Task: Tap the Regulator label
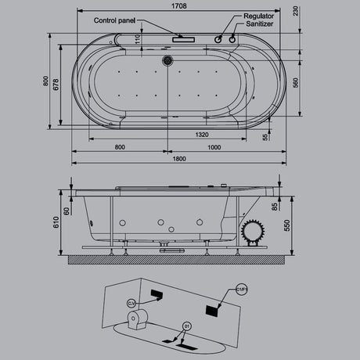(x=259, y=16)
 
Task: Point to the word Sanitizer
(x=258, y=24)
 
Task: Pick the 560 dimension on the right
(x=294, y=83)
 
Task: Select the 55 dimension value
(x=265, y=136)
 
